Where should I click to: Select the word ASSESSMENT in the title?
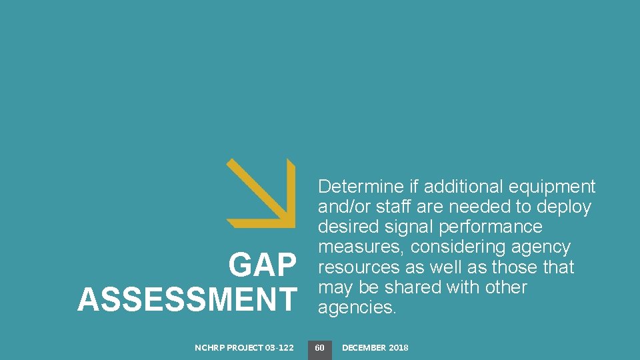tap(187, 299)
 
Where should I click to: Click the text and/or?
tap(341, 207)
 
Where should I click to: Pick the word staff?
tap(389, 207)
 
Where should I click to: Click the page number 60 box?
tap(320, 347)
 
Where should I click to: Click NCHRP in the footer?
tap(210, 347)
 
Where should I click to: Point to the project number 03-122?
tap(279, 347)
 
